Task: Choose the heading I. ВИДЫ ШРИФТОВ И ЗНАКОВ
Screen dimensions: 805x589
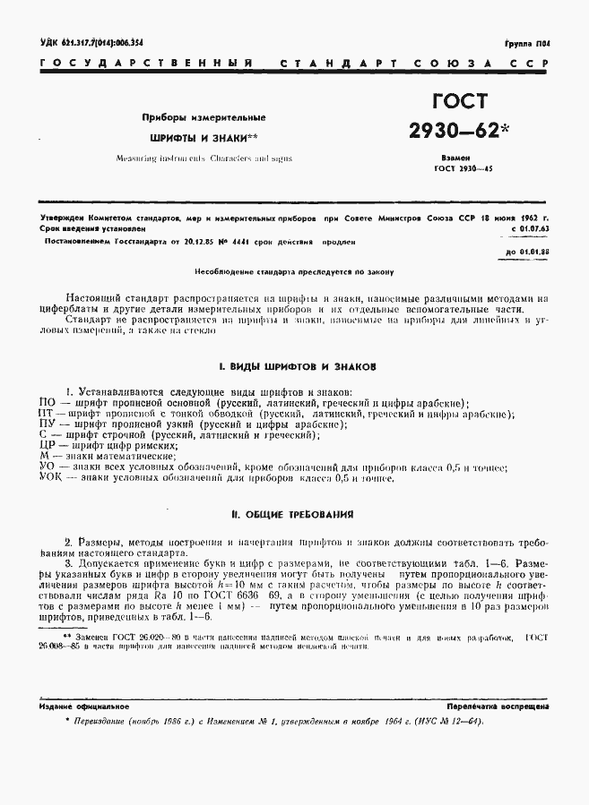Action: tap(297, 367)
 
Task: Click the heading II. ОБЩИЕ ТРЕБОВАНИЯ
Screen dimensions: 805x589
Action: tap(297, 515)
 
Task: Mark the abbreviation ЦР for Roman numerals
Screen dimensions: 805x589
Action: tap(49, 445)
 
